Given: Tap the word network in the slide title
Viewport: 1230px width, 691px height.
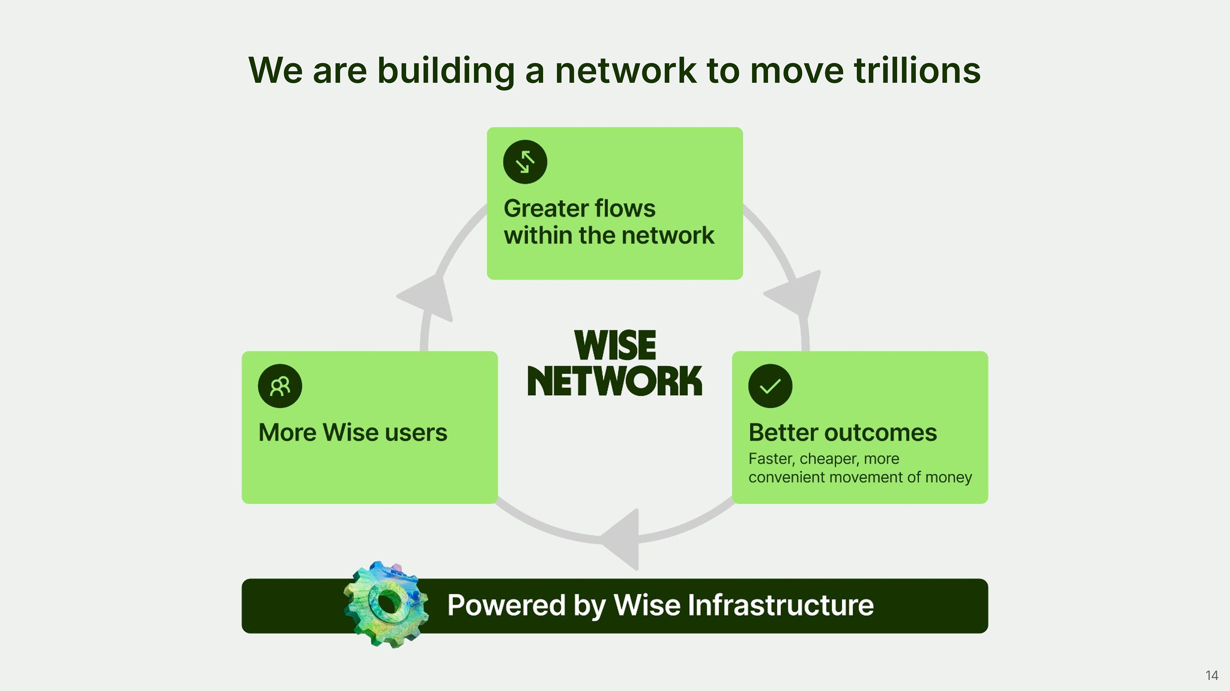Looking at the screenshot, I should coord(626,71).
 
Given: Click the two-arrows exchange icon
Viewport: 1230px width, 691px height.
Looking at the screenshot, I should coord(525,162).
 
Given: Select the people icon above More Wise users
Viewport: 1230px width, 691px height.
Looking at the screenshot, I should coord(280,386).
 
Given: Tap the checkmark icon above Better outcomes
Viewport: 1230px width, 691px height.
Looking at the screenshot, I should coord(770,386).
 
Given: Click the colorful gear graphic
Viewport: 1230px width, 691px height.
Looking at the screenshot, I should coord(386,604).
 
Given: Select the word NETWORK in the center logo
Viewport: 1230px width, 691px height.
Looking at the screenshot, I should coord(615,381).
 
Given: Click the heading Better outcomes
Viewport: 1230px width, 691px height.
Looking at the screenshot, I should coord(842,432).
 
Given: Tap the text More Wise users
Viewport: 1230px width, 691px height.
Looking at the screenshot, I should coord(352,432).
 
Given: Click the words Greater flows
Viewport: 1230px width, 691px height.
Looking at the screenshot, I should coord(579,209).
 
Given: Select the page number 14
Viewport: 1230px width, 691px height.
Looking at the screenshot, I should coord(1211,675).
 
